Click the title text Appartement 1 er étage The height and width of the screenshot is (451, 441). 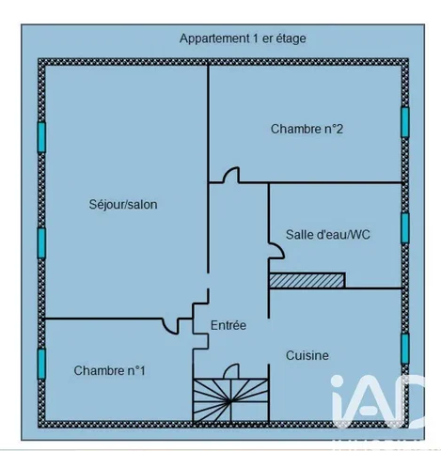tap(243, 39)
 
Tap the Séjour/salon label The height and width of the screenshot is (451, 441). tap(123, 205)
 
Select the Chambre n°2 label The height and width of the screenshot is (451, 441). tap(307, 129)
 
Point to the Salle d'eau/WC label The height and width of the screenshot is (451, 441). tap(328, 235)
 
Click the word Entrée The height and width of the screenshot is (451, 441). tap(228, 325)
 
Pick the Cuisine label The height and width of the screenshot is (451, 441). tap(307, 355)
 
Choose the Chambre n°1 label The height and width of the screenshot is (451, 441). tap(110, 370)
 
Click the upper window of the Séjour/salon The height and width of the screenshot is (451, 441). tap(41, 137)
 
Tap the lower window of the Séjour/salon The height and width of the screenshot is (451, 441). tap(41, 243)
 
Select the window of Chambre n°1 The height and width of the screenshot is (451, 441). tap(41, 364)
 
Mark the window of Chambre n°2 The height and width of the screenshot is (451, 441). tap(405, 122)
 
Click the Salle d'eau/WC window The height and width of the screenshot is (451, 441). tap(405, 228)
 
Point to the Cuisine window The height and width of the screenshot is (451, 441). tap(405, 349)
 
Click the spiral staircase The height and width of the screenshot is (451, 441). tap(230, 400)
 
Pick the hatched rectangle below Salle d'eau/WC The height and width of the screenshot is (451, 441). tap(307, 280)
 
